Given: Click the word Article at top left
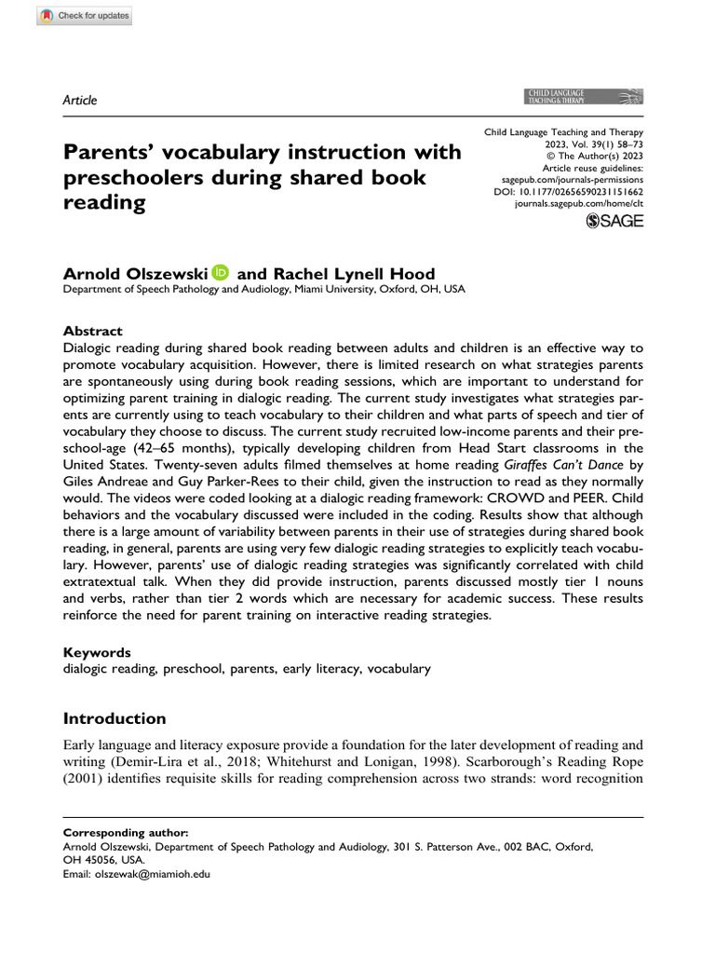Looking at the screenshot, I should click(79, 101).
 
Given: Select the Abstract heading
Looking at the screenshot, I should click(92, 331).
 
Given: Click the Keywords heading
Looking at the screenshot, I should click(96, 653).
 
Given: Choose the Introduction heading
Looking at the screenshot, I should click(114, 718).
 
